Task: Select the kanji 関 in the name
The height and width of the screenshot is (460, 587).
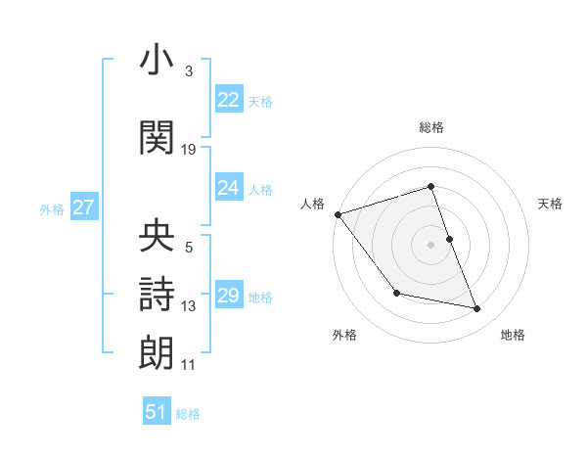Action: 157,137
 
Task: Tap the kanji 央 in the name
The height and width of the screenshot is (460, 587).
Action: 157,236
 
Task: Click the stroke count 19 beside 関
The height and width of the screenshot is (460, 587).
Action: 189,150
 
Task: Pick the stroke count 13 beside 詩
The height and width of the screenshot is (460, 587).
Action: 189,306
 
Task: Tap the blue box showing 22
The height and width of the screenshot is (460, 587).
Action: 229,100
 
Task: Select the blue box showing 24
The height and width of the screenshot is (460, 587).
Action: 229,188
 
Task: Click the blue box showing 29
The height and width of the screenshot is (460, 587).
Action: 229,296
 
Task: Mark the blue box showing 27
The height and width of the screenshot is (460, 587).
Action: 83,207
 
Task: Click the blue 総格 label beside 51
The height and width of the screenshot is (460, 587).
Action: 188,414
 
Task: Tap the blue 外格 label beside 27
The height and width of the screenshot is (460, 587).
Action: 52,208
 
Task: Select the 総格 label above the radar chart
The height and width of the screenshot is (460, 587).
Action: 431,127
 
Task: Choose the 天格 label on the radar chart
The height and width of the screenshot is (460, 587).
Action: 551,204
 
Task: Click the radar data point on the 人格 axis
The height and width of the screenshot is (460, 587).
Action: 338,214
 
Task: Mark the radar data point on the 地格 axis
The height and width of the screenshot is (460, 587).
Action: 477,309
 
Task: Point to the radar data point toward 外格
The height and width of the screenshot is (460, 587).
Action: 396,293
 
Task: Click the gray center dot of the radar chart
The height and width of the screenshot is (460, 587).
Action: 431,245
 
